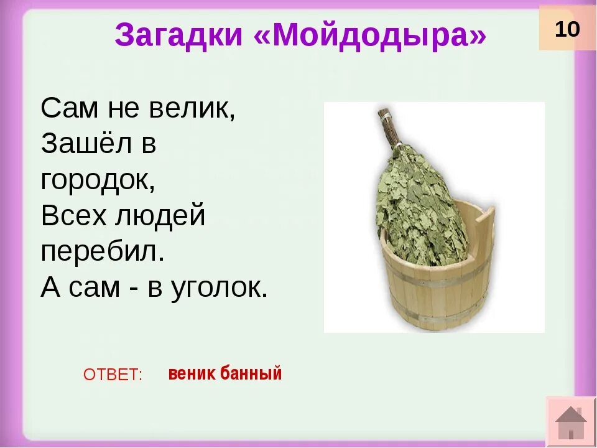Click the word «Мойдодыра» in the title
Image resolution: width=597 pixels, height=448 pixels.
click(x=371, y=35)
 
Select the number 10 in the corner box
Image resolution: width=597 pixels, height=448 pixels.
click(x=567, y=29)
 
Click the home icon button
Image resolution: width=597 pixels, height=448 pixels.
click(x=571, y=422)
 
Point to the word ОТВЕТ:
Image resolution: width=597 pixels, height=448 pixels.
click(x=113, y=375)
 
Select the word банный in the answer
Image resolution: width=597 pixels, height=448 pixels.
click(x=252, y=373)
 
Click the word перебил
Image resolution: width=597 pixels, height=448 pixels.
click(x=103, y=252)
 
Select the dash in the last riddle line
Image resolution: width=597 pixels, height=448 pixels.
click(x=131, y=288)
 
